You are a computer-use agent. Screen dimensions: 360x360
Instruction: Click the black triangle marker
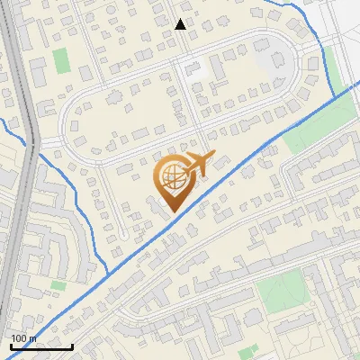point(181,24)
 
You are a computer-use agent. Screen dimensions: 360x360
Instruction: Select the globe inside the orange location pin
point(171,178)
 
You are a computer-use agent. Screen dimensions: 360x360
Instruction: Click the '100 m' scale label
point(23,337)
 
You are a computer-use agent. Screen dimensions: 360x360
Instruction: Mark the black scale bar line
point(41,346)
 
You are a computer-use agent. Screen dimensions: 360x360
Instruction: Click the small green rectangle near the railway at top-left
point(61,61)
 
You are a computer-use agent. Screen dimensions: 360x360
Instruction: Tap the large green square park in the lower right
point(280,292)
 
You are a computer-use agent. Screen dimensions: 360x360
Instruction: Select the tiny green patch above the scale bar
point(58,285)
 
